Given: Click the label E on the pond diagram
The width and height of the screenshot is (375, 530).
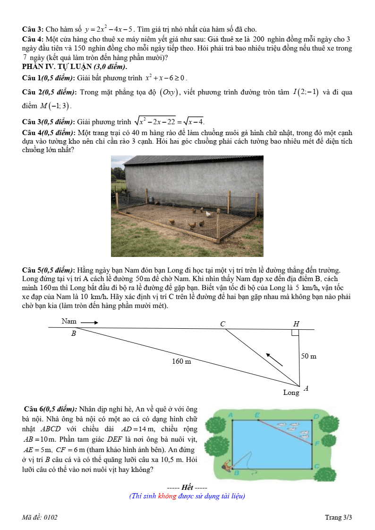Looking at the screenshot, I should tap(257, 414).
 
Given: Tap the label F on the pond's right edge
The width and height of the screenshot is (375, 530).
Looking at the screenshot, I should tap(316, 443).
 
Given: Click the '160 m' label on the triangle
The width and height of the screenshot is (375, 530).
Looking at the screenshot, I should tap(181, 361).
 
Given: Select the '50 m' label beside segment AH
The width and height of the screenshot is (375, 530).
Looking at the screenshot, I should tap(308, 356).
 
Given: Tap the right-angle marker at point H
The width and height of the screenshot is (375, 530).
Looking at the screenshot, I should tap(295, 333).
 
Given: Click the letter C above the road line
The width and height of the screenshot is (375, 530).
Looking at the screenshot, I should tap(223, 324).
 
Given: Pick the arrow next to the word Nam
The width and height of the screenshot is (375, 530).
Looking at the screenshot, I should tap(89, 323).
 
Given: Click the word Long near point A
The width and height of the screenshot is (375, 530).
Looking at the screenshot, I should tap(291, 392).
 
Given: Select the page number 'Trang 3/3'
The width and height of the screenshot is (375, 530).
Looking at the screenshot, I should tap(339, 517).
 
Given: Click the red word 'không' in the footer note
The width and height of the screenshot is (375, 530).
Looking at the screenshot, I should tap(167, 496).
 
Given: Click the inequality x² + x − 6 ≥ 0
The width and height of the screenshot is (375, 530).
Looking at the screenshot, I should tap(166, 77).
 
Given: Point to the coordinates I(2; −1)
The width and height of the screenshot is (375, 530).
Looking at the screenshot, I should tap(306, 92).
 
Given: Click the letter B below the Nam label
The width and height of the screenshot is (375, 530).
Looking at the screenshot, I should tap(73, 333).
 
